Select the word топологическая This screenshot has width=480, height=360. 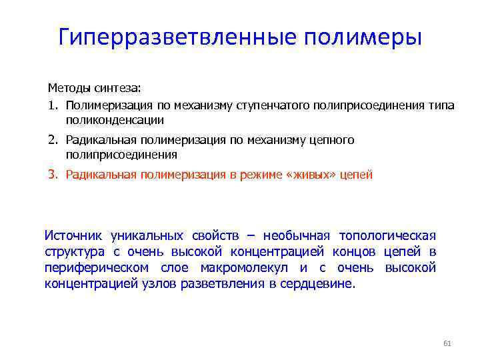click(387, 235)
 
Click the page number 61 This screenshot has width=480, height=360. click(447, 343)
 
